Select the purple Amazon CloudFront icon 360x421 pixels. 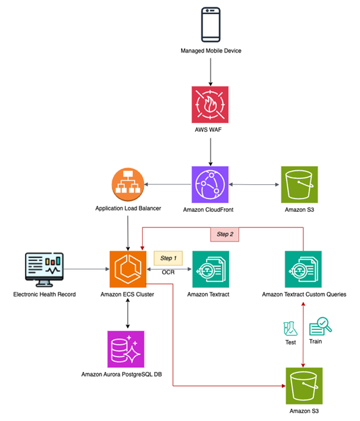pyautogui.click(x=211, y=184)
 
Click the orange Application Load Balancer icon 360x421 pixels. pyautogui.click(x=128, y=184)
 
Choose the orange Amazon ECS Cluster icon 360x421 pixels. pyautogui.click(x=128, y=269)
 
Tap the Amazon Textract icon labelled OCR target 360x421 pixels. pyautogui.click(x=211, y=269)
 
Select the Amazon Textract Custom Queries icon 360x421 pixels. pyautogui.click(x=303, y=269)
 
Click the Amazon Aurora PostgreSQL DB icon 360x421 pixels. pyautogui.click(x=128, y=349)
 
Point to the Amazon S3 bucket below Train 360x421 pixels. pyautogui.click(x=303, y=386)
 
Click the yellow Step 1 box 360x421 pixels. pyautogui.click(x=169, y=258)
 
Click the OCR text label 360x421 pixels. pyautogui.click(x=169, y=273)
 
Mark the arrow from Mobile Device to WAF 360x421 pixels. pyautogui.click(x=211, y=70)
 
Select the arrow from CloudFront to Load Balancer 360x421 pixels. pyautogui.click(x=171, y=184)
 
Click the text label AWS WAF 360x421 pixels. pyautogui.click(x=211, y=129)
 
